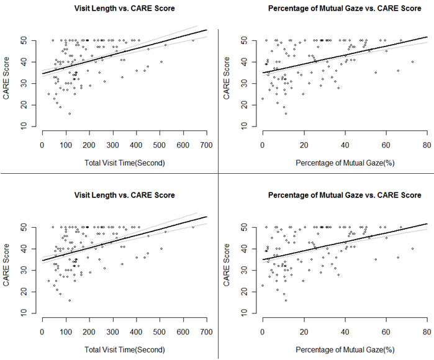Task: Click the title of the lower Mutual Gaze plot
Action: [x=344, y=195]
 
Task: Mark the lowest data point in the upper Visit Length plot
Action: [x=70, y=114]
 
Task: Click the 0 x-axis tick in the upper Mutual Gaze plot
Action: [x=263, y=145]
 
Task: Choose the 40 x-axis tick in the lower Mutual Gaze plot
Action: [x=345, y=331]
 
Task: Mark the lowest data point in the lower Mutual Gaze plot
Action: [x=286, y=300]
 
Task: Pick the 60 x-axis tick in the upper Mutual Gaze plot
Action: [x=386, y=145]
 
